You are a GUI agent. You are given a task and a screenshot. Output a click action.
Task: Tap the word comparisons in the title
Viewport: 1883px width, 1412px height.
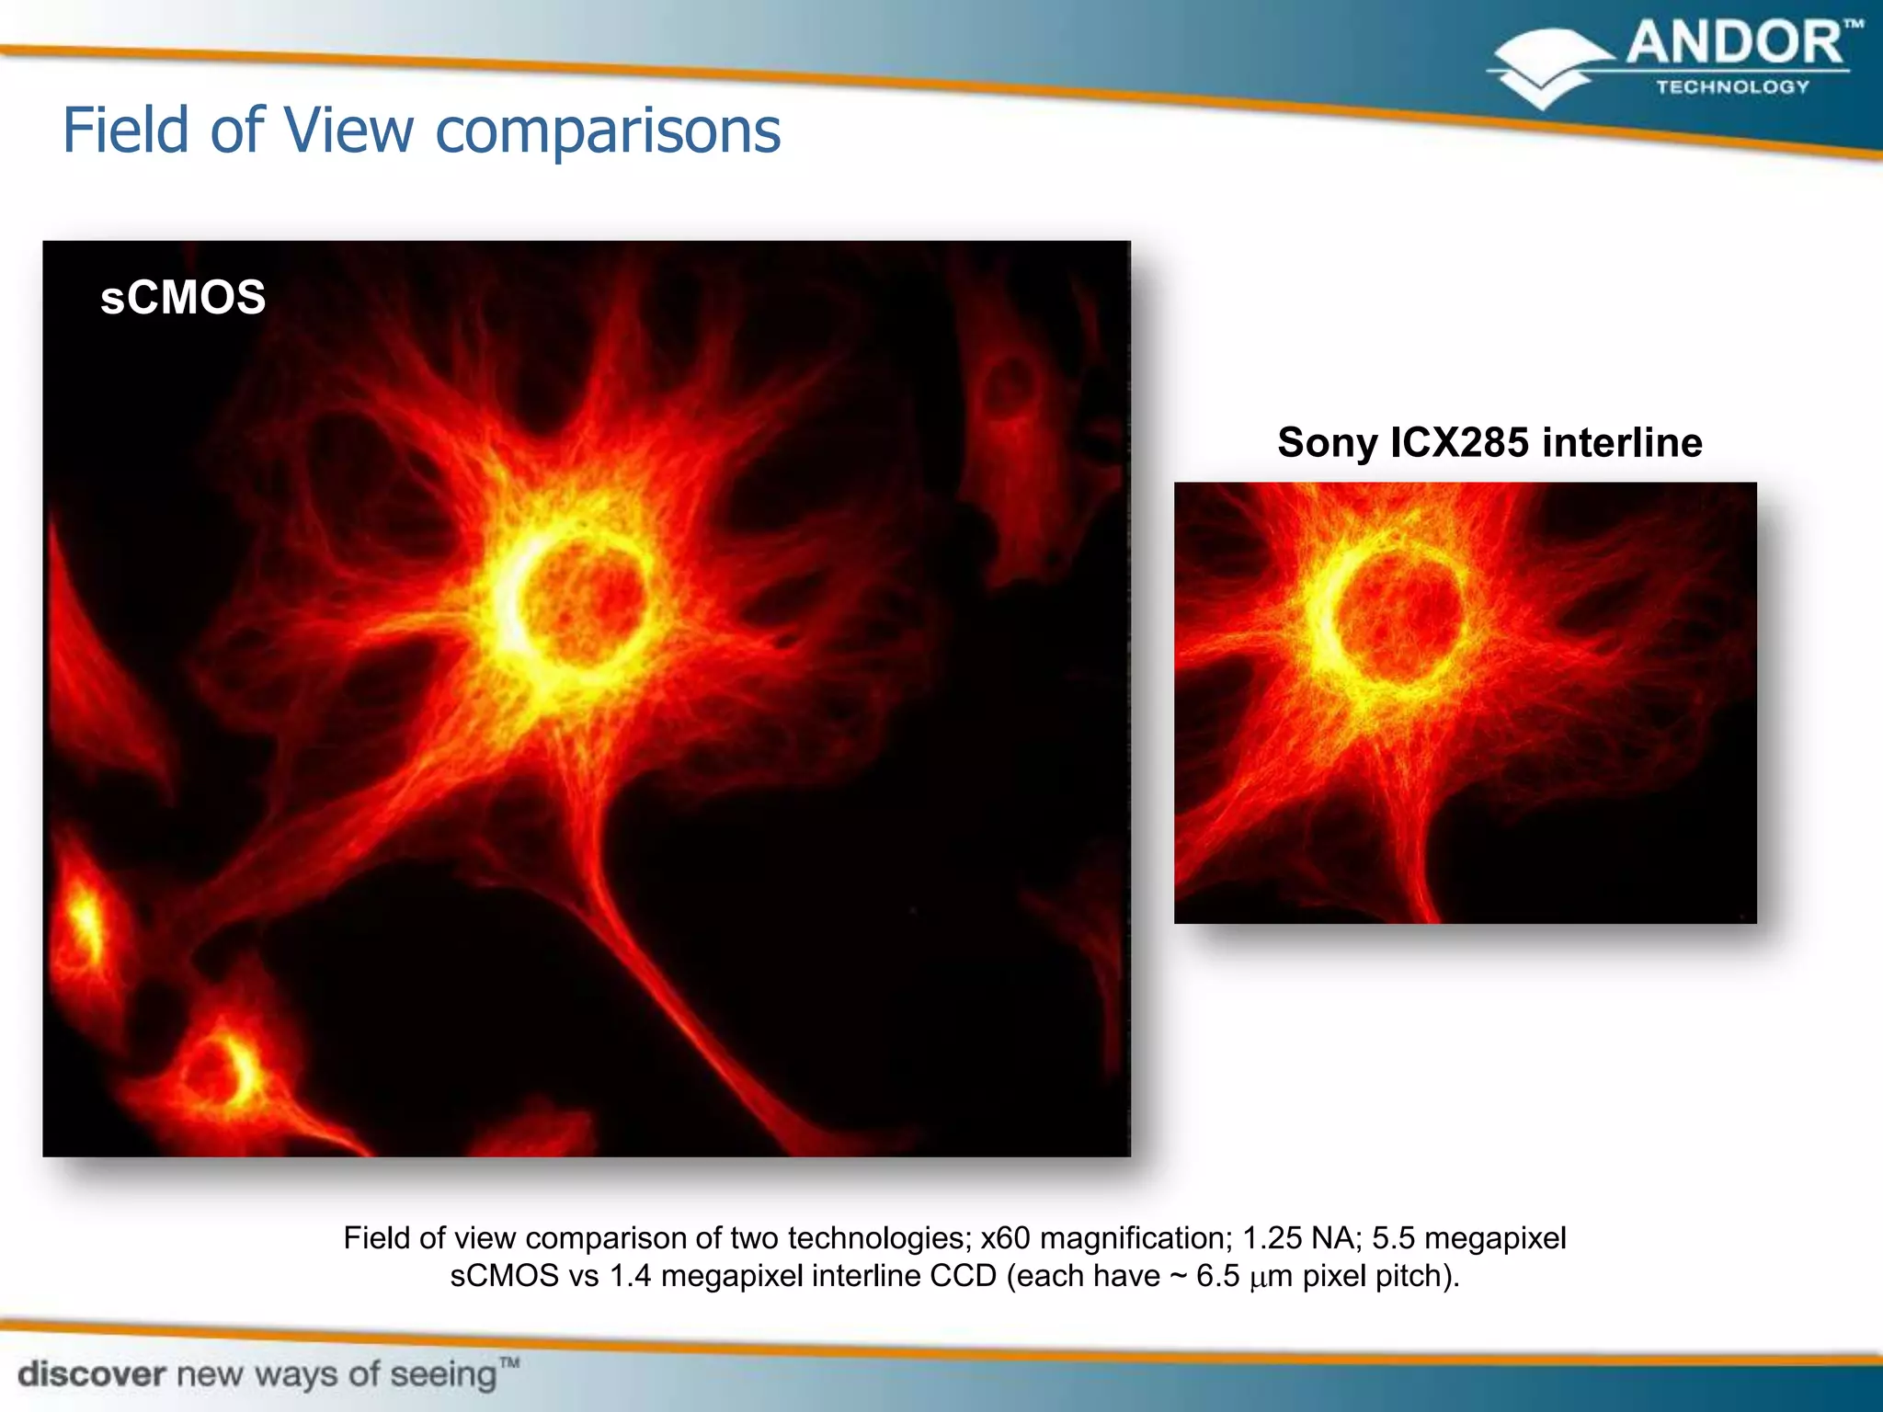click(608, 132)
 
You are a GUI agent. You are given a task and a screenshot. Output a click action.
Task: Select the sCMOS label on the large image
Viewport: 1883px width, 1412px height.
click(183, 298)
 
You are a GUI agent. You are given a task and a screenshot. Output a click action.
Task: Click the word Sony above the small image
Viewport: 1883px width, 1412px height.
click(1327, 443)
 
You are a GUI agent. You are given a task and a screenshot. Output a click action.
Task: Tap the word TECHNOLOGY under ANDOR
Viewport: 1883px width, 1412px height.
click(1732, 87)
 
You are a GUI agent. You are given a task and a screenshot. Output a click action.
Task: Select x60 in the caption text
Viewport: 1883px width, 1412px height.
click(1005, 1238)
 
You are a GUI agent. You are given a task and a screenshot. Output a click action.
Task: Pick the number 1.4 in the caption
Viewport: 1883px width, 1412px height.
click(630, 1277)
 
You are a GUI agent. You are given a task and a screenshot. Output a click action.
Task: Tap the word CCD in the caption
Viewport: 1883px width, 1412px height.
click(963, 1277)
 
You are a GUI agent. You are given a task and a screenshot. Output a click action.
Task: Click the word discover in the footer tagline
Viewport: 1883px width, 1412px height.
click(92, 1374)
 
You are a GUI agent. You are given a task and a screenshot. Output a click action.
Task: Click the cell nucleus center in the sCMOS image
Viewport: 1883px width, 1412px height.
click(581, 598)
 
